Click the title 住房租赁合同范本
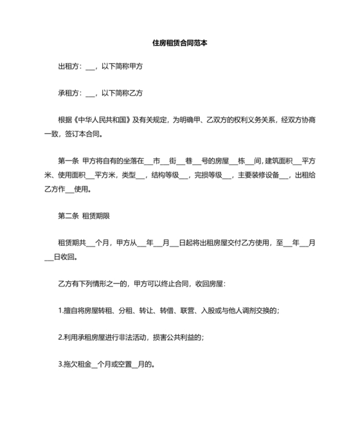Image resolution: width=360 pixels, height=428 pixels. click(x=180, y=44)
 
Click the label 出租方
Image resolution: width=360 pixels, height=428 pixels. click(x=69, y=66)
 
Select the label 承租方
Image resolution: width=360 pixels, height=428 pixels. click(x=69, y=93)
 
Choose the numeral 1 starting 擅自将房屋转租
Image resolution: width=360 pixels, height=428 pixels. click(x=59, y=311)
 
